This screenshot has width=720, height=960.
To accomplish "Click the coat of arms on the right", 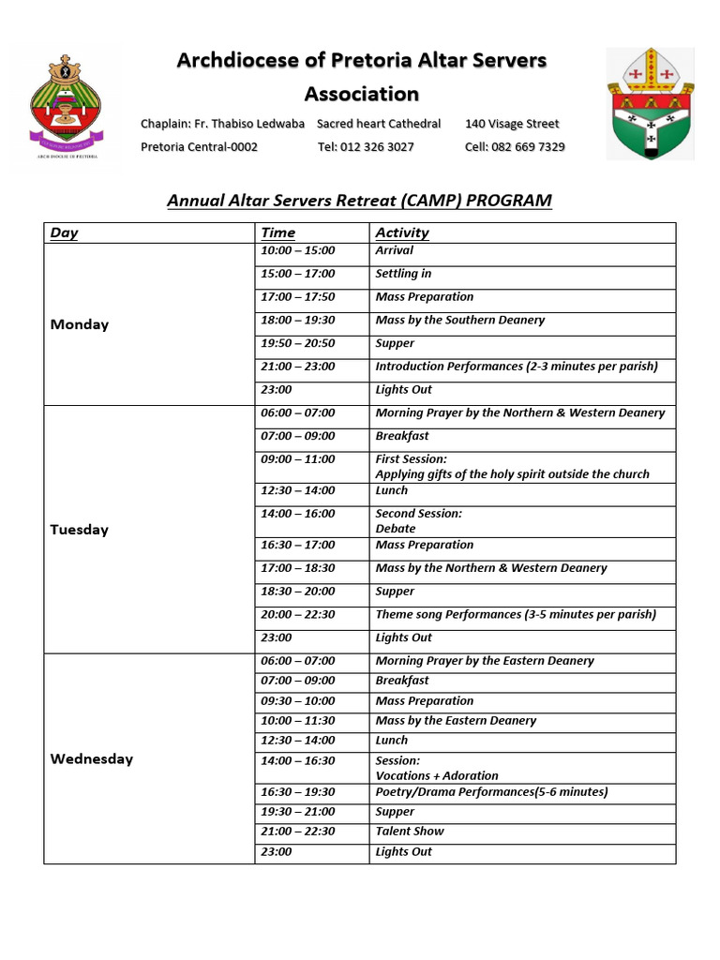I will [650, 103].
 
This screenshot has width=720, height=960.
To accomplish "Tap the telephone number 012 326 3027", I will [366, 147].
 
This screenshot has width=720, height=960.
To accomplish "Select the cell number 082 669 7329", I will [515, 147].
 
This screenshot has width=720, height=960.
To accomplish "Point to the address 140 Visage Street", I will [512, 124].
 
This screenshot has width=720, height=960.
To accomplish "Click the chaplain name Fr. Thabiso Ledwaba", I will [222, 124].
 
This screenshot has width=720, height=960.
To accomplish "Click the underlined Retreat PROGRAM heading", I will [359, 201].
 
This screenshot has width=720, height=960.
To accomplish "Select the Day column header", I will [64, 233].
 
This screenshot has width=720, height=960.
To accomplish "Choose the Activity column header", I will [402, 233].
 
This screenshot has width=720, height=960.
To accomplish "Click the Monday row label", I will [79, 324].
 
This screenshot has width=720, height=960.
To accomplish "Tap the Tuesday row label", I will [79, 530].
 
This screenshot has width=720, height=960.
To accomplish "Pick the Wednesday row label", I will [91, 759].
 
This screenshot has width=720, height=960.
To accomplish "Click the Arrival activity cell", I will [394, 250].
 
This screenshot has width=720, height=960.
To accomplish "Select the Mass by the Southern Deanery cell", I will [459, 320].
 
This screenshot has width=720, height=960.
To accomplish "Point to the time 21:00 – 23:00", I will [297, 367].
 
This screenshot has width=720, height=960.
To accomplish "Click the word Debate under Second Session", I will [396, 529].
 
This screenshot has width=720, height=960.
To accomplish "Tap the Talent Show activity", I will [410, 832].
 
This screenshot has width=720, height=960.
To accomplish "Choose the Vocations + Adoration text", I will [437, 776].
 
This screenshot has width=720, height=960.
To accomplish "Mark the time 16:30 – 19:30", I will [297, 792].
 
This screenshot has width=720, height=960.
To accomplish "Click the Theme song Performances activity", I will [515, 615].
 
